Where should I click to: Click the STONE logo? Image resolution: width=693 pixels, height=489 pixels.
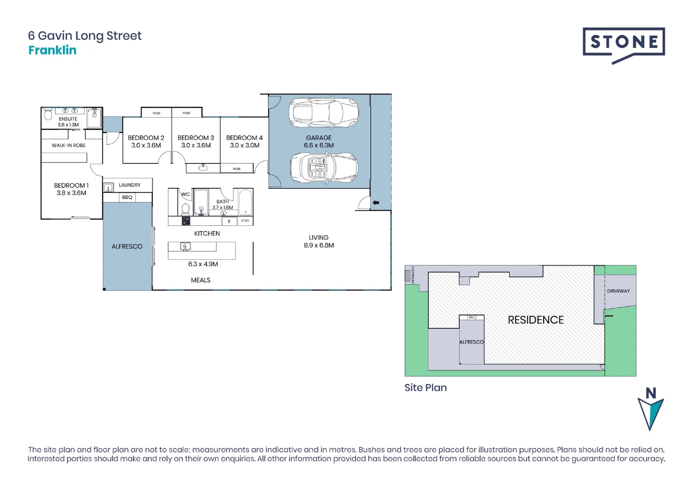[x=624, y=43]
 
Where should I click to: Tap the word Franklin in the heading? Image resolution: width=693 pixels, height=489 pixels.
[x=52, y=50]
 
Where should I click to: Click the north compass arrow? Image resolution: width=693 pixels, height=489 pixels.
[x=650, y=410]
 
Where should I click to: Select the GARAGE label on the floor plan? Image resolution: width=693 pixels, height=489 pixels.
[x=319, y=138]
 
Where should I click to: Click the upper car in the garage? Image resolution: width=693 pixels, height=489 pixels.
[x=324, y=112]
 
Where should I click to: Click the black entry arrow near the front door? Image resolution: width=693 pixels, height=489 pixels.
[x=376, y=203]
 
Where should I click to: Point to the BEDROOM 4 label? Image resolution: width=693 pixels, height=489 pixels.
[x=244, y=138]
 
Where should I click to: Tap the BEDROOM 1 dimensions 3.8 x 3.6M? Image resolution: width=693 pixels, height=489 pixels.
[x=71, y=193]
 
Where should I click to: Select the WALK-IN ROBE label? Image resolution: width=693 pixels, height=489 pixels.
[x=68, y=145]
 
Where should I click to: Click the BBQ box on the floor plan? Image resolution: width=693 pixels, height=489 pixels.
[x=127, y=197]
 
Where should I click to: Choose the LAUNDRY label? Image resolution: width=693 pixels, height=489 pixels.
[x=130, y=185]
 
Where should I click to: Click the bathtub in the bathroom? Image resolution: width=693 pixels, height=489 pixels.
[x=245, y=202]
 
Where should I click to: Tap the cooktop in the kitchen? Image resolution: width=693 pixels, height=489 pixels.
[x=186, y=221]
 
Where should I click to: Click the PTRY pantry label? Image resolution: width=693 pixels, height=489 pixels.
[x=245, y=221]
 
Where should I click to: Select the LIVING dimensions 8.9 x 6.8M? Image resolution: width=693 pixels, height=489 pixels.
[x=319, y=245]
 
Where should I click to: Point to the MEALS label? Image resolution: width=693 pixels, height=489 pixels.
[x=200, y=280]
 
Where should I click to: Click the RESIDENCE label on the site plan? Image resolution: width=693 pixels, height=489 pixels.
[x=536, y=320]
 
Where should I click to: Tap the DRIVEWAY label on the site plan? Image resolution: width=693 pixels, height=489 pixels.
[x=618, y=291]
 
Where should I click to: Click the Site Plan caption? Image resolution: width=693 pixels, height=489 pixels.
[x=426, y=388]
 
